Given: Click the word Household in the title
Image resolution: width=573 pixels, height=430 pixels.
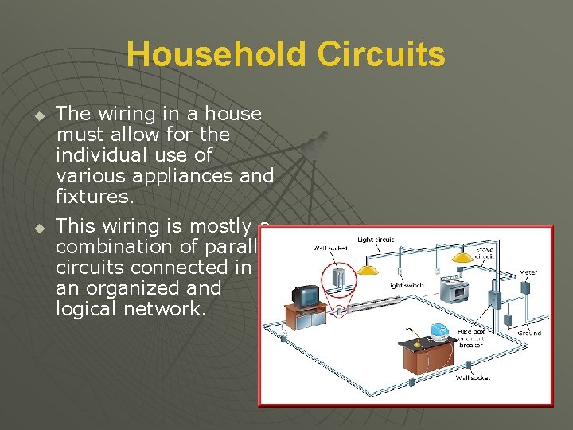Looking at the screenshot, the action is (x=216, y=54).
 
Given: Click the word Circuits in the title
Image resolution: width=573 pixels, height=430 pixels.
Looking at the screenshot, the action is (x=380, y=54).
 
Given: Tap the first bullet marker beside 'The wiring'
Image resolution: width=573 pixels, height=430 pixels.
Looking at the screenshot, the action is (x=37, y=116).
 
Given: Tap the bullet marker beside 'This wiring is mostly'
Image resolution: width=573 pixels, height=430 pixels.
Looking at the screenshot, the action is (x=37, y=229).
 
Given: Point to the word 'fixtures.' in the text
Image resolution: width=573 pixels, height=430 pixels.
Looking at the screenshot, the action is (x=94, y=194).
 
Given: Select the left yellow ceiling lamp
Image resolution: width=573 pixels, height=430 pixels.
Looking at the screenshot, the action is (x=367, y=269).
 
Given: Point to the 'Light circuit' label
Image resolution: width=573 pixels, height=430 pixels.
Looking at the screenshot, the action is (x=376, y=240).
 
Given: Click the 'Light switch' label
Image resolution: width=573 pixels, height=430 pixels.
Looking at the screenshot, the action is (x=405, y=285).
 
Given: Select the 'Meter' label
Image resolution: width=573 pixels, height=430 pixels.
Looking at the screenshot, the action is (x=528, y=273).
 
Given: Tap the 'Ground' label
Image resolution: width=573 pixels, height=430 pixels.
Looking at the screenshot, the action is (x=529, y=332).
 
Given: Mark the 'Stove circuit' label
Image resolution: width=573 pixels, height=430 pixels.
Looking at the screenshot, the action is (x=485, y=254).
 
